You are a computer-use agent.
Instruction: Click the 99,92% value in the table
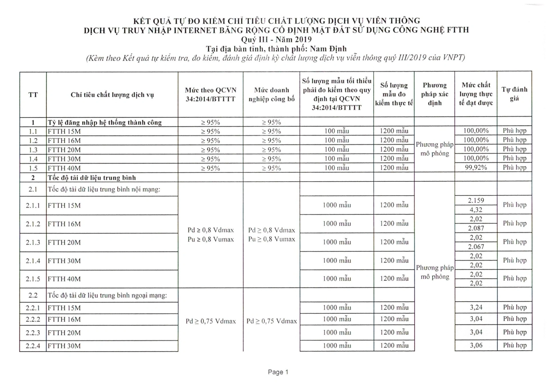click(x=476, y=167)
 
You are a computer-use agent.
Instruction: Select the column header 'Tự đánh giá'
click(x=514, y=94)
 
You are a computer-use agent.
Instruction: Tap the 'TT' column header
click(x=33, y=95)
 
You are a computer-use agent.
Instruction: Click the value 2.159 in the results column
click(x=476, y=200)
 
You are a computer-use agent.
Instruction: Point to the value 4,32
click(x=476, y=210)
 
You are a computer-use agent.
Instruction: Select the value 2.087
click(x=476, y=228)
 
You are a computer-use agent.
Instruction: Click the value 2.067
click(x=476, y=247)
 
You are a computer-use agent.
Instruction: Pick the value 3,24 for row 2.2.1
click(x=476, y=307)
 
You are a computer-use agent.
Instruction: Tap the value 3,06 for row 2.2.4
click(x=476, y=345)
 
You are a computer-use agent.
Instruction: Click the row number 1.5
click(x=33, y=168)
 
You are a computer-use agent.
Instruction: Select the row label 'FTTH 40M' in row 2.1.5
click(x=64, y=279)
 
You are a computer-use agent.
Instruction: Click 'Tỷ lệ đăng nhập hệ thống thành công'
click(x=105, y=123)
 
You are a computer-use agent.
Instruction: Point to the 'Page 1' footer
click(x=278, y=372)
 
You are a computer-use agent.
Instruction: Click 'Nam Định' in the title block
click(x=328, y=49)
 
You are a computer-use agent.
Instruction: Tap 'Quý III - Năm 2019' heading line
click(x=276, y=40)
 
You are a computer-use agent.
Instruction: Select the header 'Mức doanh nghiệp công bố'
click(x=271, y=94)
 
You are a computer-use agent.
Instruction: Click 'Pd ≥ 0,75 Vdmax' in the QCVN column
click(x=211, y=321)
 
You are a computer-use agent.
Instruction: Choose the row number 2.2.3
click(x=33, y=333)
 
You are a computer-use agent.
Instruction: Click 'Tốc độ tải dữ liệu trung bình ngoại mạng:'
click(x=107, y=295)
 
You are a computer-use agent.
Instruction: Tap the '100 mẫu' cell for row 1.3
click(x=337, y=149)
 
